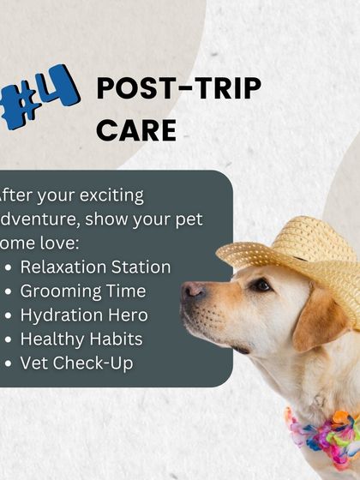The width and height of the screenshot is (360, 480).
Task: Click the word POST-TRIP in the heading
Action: coord(178,87)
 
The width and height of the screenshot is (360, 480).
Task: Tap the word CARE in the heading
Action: coord(136,129)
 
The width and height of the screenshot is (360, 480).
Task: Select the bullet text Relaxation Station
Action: coord(95,267)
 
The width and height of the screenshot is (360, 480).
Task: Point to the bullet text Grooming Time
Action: coord(83,291)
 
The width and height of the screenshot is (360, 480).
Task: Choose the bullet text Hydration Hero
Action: coord(84,315)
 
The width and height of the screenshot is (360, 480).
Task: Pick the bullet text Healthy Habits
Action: coord(81,339)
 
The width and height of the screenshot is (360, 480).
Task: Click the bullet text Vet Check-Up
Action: coord(76,363)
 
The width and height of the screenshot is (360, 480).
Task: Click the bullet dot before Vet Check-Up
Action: coord(9,363)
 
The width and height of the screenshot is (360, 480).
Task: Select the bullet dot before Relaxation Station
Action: coord(9,267)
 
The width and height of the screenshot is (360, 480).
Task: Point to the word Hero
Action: coord(128,315)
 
